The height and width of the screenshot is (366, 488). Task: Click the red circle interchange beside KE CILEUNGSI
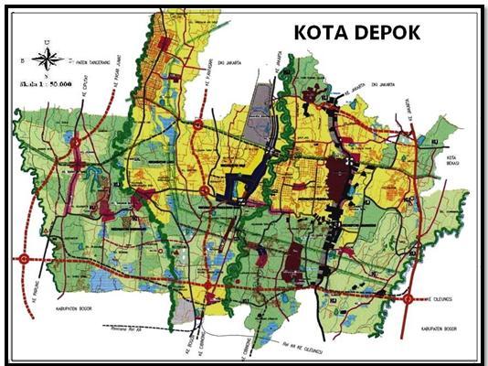408,298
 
